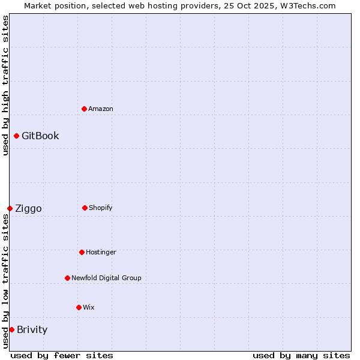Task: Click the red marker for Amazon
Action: tap(84, 109)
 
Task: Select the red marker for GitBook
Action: tap(16, 136)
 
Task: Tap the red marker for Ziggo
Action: tap(10, 208)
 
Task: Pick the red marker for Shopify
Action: tap(85, 208)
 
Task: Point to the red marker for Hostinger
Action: tap(82, 252)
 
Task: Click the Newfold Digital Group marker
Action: tap(67, 278)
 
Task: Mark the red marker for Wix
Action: tap(79, 307)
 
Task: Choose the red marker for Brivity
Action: tap(11, 329)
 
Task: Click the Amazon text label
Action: tap(101, 109)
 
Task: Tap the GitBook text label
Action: tap(40, 136)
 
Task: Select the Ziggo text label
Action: tap(28, 208)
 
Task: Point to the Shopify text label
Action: tap(101, 208)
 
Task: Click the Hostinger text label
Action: tap(101, 252)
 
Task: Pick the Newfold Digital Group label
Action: tap(106, 278)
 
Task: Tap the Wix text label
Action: tap(89, 307)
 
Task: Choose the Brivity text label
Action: tap(32, 329)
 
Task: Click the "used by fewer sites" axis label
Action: tap(62, 355)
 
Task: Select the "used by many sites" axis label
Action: tap(301, 355)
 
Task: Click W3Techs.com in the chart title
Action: tap(306, 5)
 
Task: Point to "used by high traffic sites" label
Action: tap(5, 85)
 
